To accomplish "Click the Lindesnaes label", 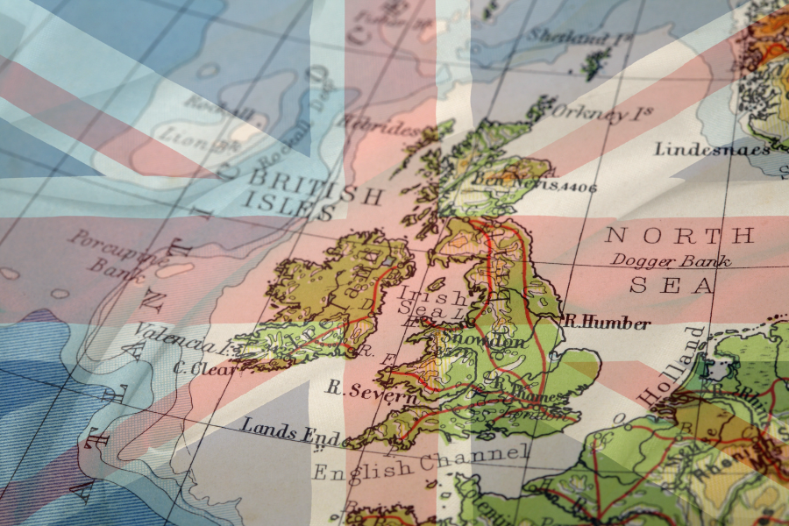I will (x=711, y=149).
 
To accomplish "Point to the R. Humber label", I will (x=607, y=323).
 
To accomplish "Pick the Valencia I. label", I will (x=181, y=338).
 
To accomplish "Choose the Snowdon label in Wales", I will (x=473, y=339).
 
